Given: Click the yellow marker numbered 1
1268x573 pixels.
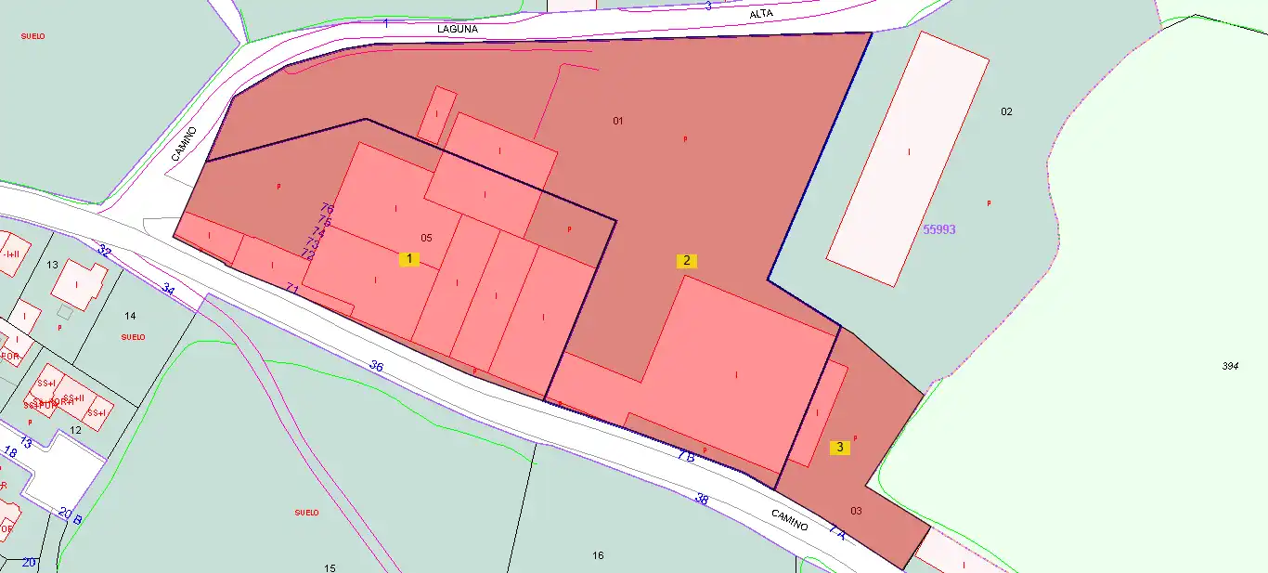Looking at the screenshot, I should tap(409, 259).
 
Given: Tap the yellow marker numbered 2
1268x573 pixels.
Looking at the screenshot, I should tap(687, 260).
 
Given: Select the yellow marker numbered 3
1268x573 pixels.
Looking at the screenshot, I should tap(840, 447).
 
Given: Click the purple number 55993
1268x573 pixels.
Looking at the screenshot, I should tap(939, 229).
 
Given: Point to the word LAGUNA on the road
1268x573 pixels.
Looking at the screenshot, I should tap(458, 29).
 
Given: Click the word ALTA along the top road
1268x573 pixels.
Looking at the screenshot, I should tap(761, 14).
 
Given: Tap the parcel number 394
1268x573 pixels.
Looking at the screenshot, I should tap(1230, 366).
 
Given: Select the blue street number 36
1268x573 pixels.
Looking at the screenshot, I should tap(376, 366).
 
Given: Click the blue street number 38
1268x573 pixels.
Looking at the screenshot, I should tap(702, 500).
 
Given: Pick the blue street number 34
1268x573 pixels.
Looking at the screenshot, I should tap(168, 289).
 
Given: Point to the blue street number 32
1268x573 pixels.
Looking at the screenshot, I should tap(104, 252).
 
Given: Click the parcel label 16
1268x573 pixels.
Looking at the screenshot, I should tap(598, 555).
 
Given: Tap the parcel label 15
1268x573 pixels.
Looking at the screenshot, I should tap(330, 567).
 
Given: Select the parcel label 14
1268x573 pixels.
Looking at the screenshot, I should tap(130, 316).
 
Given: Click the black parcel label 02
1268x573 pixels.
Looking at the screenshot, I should tap(1006, 111).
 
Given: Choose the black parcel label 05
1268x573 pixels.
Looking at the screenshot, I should tap(426, 237).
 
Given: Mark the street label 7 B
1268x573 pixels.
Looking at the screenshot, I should tap(686, 456).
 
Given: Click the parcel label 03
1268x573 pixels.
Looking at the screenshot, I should tap(856, 511).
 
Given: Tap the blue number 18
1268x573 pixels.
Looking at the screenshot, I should tap(11, 452).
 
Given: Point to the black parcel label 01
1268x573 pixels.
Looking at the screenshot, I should tap(618, 121).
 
